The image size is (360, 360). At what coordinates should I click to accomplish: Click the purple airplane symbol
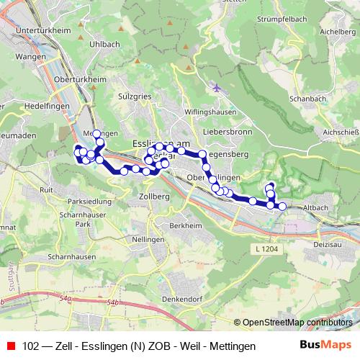(x=217, y=88)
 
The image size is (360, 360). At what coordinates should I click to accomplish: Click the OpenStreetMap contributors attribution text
(x=297, y=322)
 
